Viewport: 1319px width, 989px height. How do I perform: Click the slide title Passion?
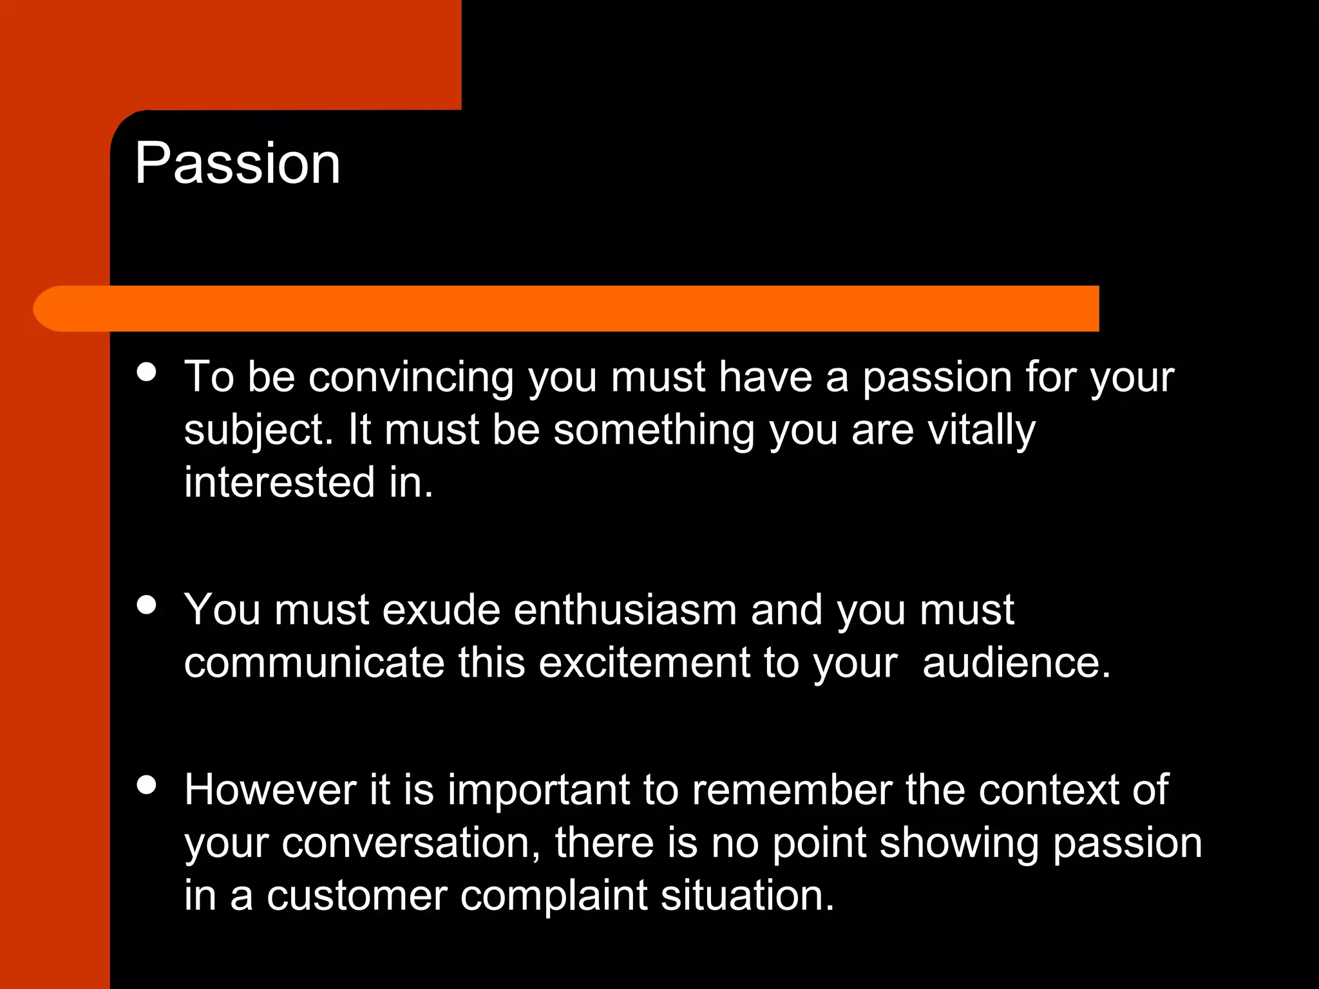237,164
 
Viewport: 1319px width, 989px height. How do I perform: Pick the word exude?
441,610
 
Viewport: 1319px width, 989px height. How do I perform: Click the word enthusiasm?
625,610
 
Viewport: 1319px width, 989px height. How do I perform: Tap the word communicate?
314,663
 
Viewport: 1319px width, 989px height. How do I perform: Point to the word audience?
1016,663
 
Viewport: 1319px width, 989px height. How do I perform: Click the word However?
270,790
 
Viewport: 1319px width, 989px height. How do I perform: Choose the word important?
538,791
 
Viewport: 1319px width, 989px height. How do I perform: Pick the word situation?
747,896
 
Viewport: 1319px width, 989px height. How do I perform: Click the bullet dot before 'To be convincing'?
147,372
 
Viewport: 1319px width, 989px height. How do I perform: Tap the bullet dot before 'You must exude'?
147,605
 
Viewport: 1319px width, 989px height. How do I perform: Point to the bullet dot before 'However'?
147,785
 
